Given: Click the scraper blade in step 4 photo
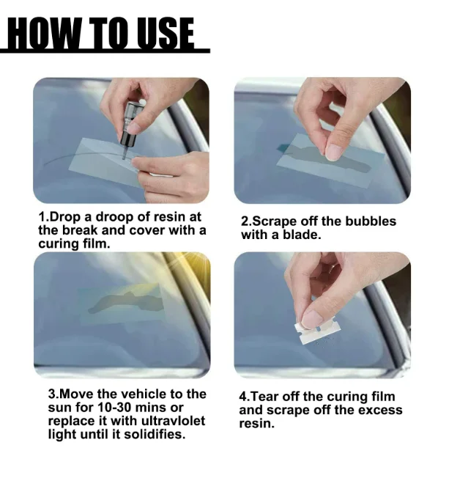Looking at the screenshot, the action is [x=317, y=331].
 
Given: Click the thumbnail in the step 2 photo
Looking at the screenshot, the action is [x=333, y=153].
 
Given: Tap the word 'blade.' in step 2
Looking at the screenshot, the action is [x=302, y=235].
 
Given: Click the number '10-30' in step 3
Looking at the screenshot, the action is [x=114, y=408].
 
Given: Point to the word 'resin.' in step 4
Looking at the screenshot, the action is [x=256, y=424].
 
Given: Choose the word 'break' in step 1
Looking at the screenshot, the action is [x=80, y=230].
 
